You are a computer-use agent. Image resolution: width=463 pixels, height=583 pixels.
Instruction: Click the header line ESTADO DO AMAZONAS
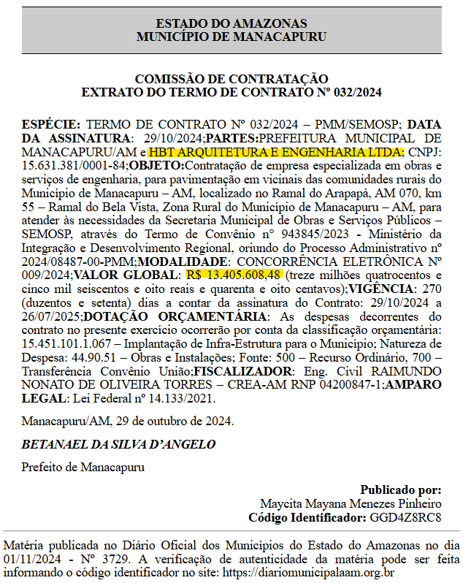point(231,24)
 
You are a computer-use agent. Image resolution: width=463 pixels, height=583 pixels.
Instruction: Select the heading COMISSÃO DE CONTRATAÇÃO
point(231,79)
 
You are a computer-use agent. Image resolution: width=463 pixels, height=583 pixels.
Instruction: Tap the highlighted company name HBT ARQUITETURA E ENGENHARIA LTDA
point(275,152)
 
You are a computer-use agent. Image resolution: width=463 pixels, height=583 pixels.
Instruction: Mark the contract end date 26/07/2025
point(51,316)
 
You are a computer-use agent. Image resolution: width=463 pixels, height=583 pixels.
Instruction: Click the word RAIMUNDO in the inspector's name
point(408,370)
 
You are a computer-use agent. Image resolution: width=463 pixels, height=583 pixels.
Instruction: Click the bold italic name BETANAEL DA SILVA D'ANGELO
point(118,445)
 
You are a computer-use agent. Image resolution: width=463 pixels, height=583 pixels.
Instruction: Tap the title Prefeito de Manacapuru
point(83,467)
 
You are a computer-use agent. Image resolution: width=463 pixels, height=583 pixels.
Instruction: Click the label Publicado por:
point(400,490)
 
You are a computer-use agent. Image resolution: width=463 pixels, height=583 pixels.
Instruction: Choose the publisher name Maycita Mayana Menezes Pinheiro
point(351,504)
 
